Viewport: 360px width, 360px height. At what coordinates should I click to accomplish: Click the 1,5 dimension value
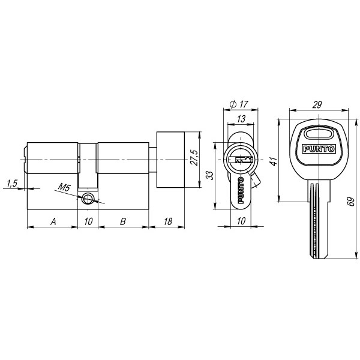(12, 183)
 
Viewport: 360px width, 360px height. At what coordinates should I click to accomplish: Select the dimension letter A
(53, 221)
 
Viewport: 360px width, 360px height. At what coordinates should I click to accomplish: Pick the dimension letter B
(122, 221)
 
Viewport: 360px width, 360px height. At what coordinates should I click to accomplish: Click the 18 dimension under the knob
(168, 221)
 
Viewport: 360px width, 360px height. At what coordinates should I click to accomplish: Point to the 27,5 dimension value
(193, 160)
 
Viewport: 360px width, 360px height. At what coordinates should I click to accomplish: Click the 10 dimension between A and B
(88, 221)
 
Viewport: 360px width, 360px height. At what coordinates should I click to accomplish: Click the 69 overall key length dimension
(351, 201)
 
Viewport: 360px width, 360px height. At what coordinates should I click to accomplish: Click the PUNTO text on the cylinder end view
(241, 195)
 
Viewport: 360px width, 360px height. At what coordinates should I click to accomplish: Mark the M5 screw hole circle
(89, 199)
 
